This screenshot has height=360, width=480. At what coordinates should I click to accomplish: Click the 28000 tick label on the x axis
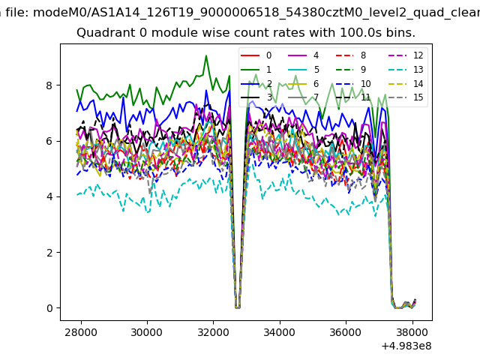point(80,332)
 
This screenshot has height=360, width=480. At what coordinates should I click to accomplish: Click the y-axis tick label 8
point(49,85)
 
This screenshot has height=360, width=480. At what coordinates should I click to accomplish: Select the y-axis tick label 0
point(49,308)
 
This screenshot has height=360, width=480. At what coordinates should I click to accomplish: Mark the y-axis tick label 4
point(49,196)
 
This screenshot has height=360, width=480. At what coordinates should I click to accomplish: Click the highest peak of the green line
point(206,55)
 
